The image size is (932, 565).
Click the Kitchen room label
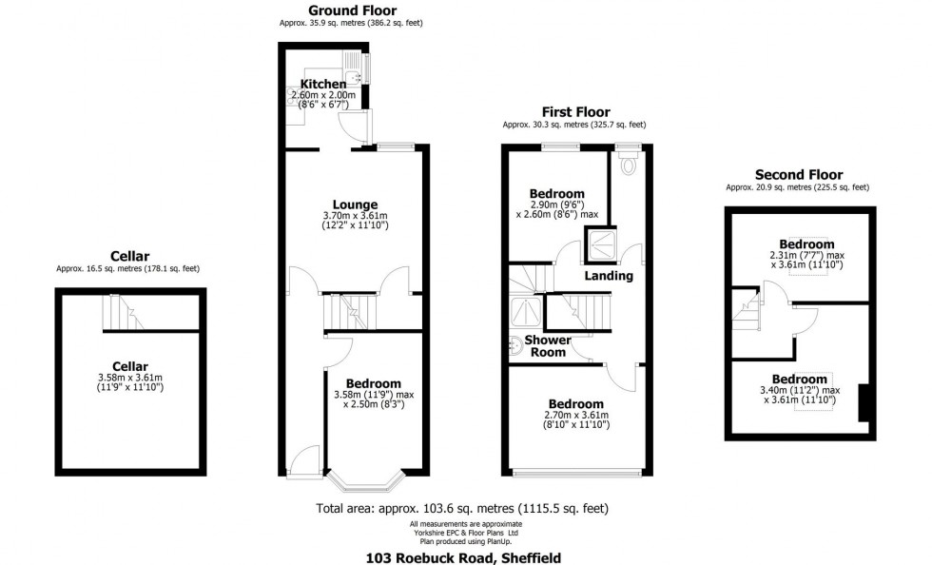322,85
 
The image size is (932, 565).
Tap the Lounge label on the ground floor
355,205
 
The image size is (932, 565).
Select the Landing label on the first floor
609,275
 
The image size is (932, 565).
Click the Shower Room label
548,346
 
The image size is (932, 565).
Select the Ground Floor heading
352,10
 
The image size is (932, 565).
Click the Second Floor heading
798,175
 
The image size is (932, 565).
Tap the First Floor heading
575,112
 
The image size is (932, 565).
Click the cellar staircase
123,312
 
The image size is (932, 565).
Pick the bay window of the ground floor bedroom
365,481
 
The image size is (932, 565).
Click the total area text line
462,509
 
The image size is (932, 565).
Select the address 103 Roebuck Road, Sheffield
463,557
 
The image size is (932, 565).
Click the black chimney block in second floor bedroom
864,404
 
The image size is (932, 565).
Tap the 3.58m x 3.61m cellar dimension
130,378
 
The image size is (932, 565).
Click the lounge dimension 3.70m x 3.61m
355,215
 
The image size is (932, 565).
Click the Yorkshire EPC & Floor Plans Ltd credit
465,533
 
